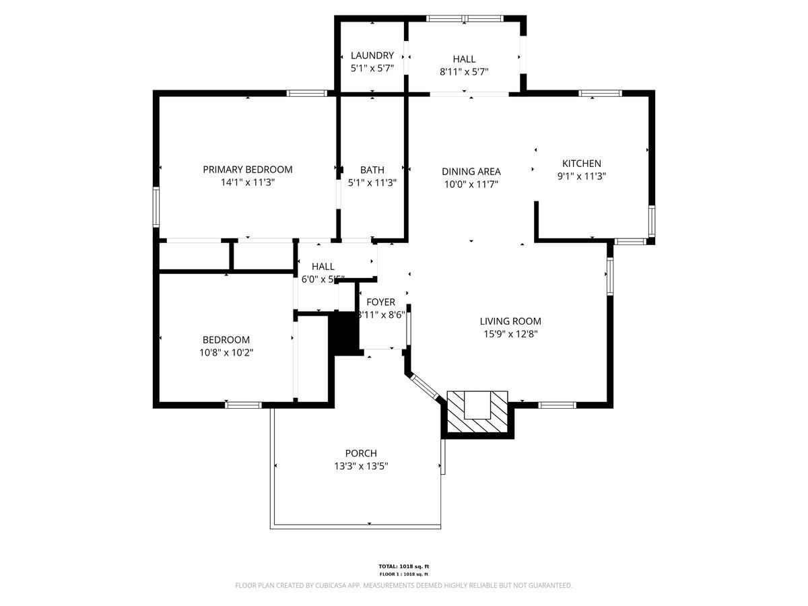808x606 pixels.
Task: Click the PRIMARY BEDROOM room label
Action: (x=248, y=170)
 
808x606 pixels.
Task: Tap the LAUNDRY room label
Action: (x=372, y=55)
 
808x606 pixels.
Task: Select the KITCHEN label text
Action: (x=582, y=163)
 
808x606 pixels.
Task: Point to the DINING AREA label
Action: (x=471, y=172)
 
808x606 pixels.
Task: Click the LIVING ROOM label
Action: (x=510, y=321)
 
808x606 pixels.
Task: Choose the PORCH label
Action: (x=361, y=453)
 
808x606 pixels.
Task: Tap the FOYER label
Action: (x=380, y=302)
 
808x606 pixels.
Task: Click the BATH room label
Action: (x=372, y=170)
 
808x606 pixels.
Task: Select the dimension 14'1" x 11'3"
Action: (x=248, y=182)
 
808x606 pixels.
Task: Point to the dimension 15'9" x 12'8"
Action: (x=510, y=333)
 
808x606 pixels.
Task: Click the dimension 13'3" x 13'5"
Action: (x=361, y=465)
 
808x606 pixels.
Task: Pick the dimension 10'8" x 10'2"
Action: (x=226, y=352)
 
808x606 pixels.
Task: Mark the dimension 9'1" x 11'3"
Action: (x=582, y=176)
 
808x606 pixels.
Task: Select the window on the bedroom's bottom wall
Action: (x=243, y=405)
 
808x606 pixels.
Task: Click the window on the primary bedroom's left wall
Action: (x=156, y=207)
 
